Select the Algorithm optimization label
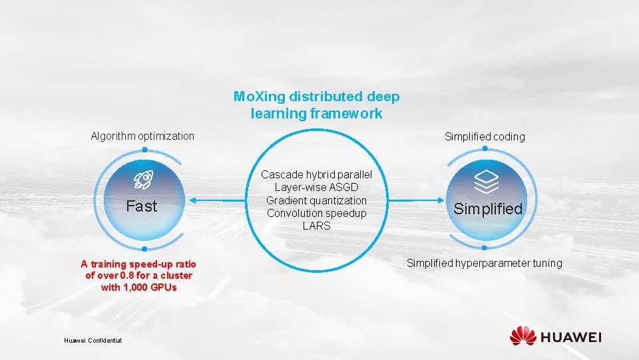click(142, 136)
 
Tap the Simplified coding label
click(485, 137)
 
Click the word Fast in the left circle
click(142, 206)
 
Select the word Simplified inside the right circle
click(488, 209)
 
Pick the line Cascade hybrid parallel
click(316, 175)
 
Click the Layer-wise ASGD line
click(316, 188)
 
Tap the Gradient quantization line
click(316, 200)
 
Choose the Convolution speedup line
click(316, 213)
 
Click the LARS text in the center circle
click(316, 226)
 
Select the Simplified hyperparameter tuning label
click(485, 264)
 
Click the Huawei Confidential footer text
click(93, 341)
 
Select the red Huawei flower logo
click(523, 336)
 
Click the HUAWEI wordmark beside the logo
click(570, 337)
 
